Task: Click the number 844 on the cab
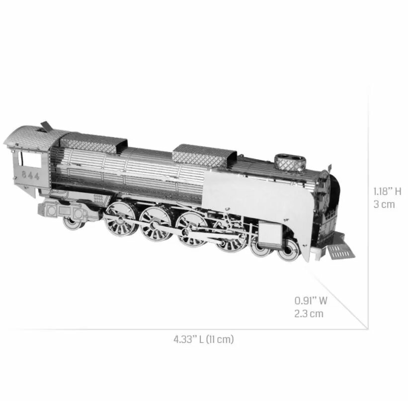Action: click(31, 176)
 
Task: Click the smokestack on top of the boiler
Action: click(290, 163)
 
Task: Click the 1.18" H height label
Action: click(387, 192)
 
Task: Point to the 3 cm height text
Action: click(384, 204)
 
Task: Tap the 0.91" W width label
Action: click(311, 300)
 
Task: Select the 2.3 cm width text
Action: click(309, 313)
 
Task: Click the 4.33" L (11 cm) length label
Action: click(203, 339)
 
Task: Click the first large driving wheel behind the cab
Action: click(121, 218)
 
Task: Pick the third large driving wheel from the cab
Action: click(191, 229)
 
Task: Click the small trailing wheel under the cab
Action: click(73, 222)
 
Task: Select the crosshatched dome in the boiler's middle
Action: click(204, 155)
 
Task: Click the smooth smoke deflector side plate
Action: click(258, 199)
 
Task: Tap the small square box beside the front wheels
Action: click(270, 233)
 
